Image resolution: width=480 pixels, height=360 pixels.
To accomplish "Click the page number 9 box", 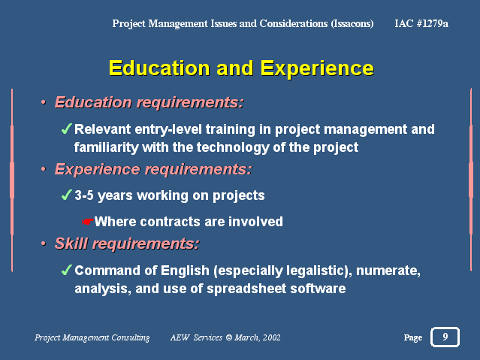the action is click(x=445, y=337).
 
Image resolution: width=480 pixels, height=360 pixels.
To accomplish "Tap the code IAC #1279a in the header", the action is click(x=421, y=23).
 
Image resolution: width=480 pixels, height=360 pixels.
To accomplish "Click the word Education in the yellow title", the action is click(x=159, y=68).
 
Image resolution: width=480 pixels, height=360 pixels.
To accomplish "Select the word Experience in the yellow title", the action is click(x=317, y=68).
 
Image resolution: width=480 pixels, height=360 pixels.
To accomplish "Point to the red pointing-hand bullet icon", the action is click(x=88, y=222).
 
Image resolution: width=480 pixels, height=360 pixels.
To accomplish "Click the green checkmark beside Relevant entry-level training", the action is click(x=66, y=129).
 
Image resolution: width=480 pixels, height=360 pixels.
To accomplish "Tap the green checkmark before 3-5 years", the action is click(x=66, y=195).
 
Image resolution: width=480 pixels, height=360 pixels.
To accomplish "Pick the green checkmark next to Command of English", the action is click(x=66, y=270).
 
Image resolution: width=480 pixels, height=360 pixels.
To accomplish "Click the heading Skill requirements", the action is click(x=127, y=244).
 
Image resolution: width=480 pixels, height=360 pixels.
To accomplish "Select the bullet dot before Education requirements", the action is click(x=43, y=102).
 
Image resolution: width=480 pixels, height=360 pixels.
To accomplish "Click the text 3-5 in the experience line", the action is click(x=84, y=195).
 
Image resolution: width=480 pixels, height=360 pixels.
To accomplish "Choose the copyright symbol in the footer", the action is click(x=228, y=337).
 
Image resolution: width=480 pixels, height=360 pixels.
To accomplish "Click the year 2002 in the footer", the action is click(x=271, y=337).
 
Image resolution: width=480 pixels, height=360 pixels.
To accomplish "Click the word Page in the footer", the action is click(x=412, y=337).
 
